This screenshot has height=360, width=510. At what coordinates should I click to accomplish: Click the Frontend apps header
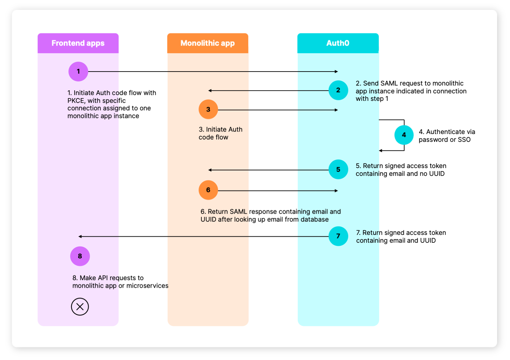coord(78,43)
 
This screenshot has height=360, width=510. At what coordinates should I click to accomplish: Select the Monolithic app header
coord(207,43)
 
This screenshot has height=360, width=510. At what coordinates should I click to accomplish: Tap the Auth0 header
coord(338,43)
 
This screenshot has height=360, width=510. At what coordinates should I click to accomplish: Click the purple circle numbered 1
coord(78,72)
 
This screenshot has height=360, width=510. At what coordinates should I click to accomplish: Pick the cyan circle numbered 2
coord(338,90)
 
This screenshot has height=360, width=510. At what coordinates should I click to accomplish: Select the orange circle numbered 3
coord(208,109)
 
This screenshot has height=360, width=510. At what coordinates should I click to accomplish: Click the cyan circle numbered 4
coord(404,135)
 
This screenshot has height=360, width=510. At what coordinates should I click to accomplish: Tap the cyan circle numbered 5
coord(338,169)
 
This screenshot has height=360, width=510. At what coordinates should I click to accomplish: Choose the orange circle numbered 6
coord(208,190)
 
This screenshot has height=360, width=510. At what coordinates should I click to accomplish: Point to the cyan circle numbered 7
coord(338,236)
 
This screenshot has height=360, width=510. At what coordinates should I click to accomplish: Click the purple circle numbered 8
coord(80,256)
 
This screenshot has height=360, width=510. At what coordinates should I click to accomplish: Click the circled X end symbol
coord(80,306)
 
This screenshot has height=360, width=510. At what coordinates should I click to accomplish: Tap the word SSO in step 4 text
coord(464,140)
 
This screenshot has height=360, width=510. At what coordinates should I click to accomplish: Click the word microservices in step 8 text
coord(147,286)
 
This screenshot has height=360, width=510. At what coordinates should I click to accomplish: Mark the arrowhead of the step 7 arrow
coord(80,236)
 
